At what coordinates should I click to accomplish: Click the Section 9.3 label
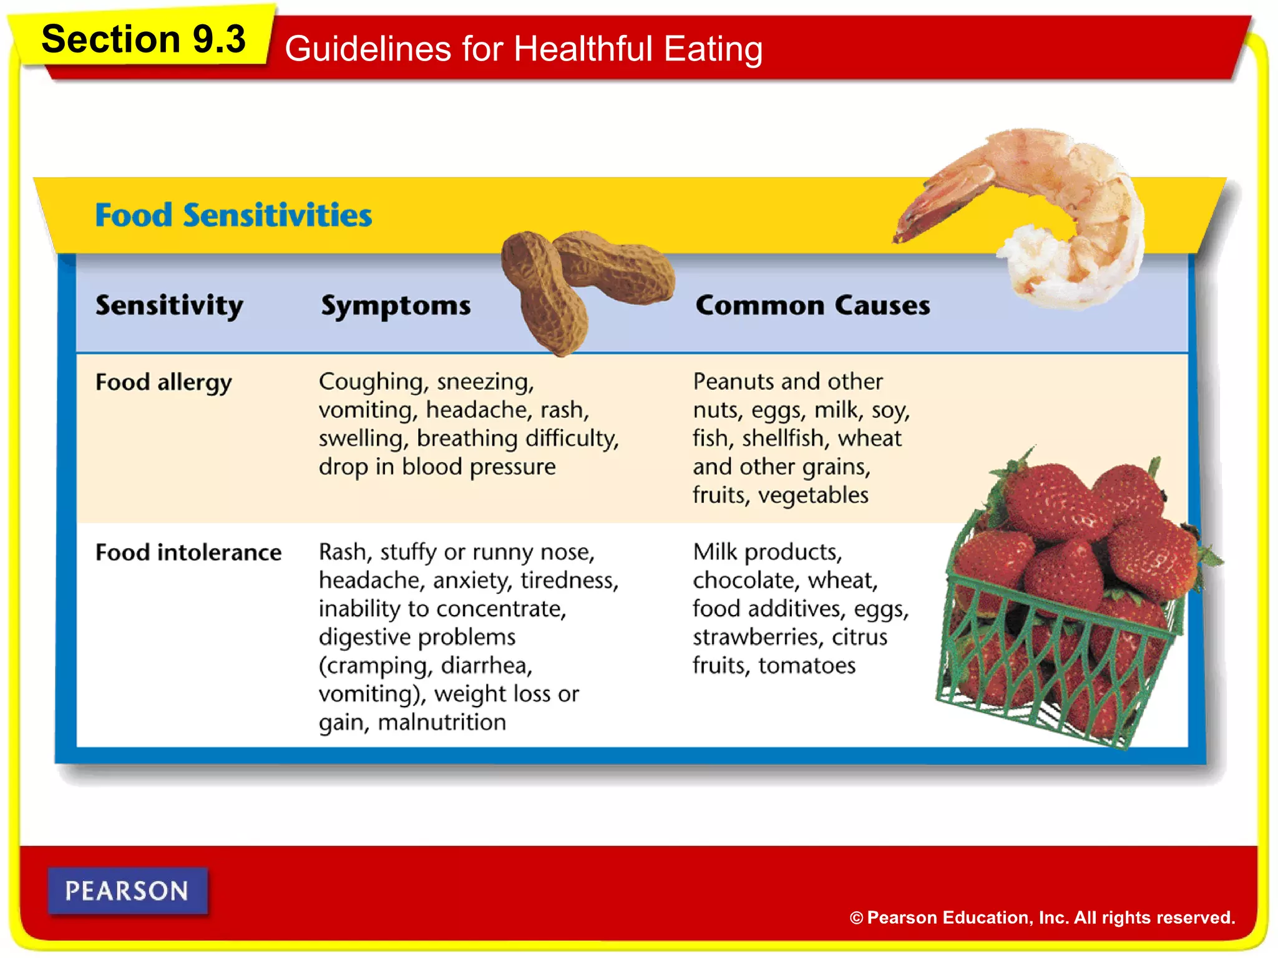pos(144,39)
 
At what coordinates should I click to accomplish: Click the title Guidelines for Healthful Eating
pos(523,49)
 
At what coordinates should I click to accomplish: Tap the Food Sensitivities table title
pos(233,215)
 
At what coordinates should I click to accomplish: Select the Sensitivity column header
pos(169,306)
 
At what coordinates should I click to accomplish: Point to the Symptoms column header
pos(396,306)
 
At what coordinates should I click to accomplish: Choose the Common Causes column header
pos(812,306)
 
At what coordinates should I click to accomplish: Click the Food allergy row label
pos(163,382)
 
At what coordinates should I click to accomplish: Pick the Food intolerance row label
pos(188,553)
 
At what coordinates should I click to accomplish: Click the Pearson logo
pos(127,891)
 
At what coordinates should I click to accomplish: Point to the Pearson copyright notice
pos(1042,917)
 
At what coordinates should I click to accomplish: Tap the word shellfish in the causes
pos(783,438)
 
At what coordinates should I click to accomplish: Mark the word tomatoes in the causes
pos(807,665)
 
